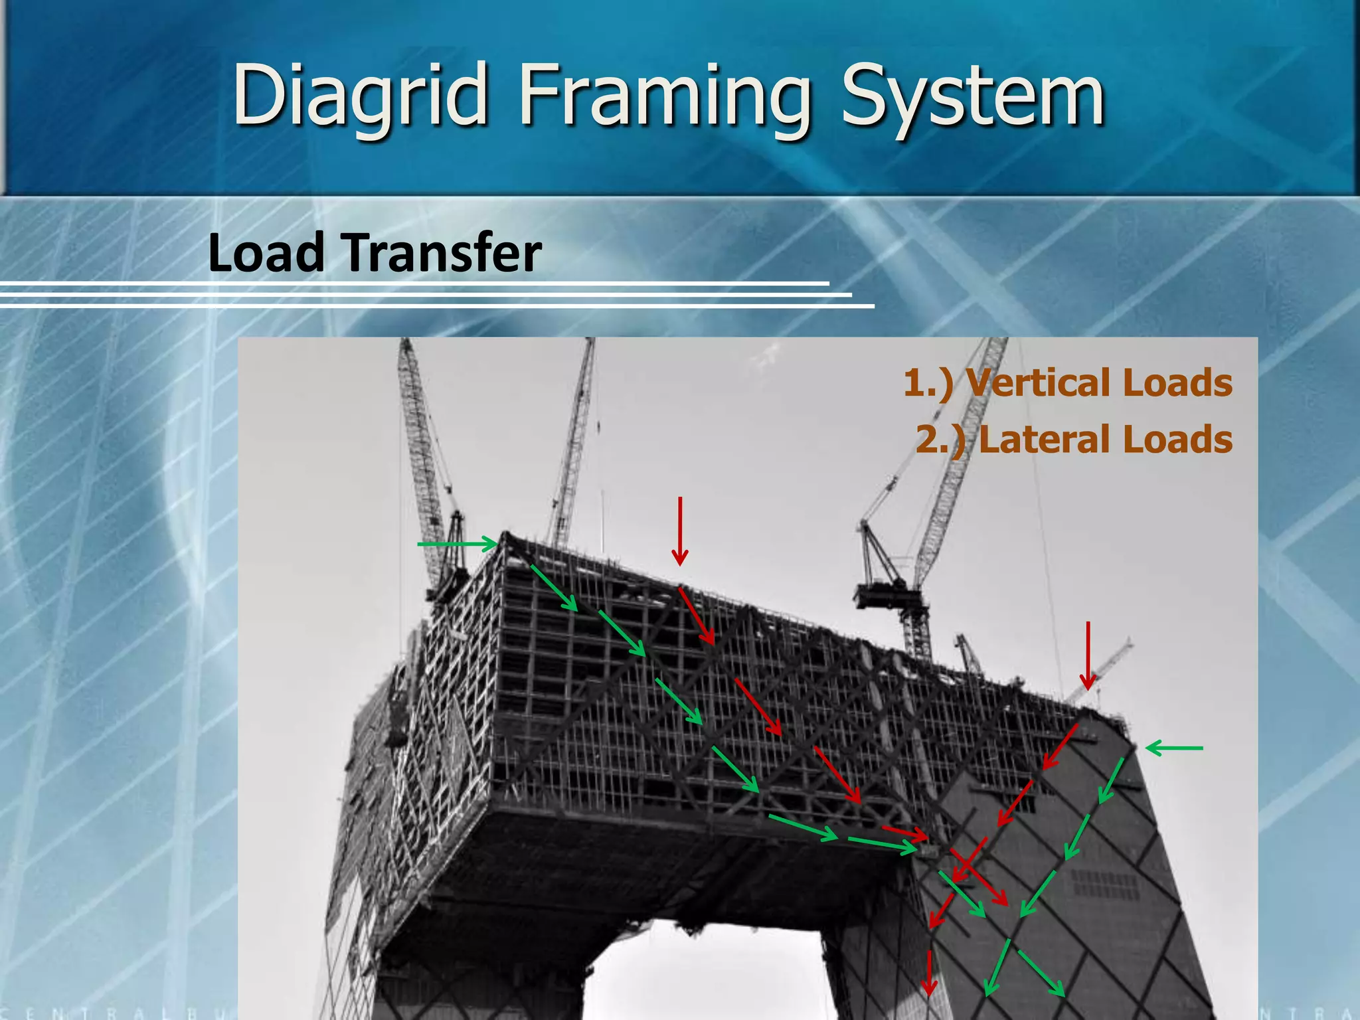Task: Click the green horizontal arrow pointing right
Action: (457, 545)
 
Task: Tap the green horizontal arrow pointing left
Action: (1174, 748)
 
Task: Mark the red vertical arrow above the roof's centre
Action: (680, 531)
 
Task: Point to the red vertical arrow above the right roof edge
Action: (1088, 655)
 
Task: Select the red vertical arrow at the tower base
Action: (929, 972)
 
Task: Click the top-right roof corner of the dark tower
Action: (1128, 736)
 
